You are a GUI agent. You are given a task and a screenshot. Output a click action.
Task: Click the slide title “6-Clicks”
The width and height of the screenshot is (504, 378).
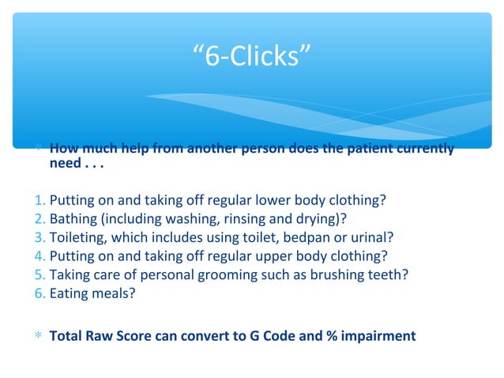[251, 57]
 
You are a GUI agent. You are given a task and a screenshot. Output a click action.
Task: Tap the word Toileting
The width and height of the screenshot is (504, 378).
[76, 236]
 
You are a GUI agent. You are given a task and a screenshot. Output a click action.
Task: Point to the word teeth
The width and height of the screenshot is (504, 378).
[391, 274]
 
